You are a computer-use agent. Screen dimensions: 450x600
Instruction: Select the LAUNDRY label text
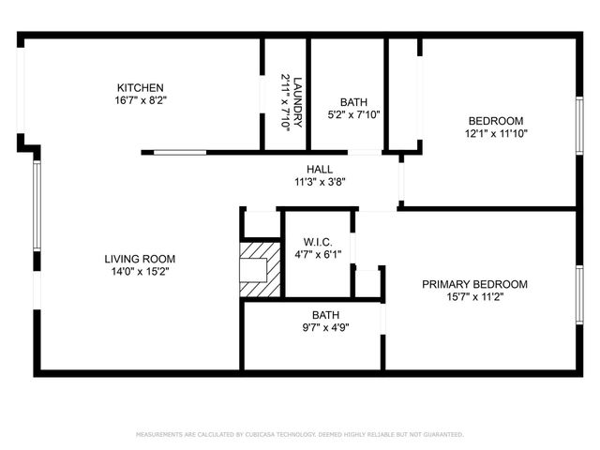tap(297, 94)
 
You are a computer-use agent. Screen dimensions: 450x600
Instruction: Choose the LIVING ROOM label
tap(140, 259)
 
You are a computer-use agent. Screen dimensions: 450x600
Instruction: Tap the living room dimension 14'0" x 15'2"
tap(140, 272)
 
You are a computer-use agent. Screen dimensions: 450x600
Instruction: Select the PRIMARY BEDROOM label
tap(474, 284)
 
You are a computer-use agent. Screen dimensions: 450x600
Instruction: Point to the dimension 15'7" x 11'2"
tap(474, 297)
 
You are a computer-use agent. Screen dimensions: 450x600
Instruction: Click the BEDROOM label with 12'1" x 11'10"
tap(496, 120)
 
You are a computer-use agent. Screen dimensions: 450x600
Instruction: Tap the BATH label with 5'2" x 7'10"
tap(353, 102)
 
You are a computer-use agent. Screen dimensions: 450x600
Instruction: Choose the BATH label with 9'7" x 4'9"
tap(325, 315)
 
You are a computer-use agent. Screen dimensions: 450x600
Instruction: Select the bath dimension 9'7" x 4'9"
tap(325, 328)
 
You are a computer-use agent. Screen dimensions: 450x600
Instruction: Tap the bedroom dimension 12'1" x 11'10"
tap(496, 133)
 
